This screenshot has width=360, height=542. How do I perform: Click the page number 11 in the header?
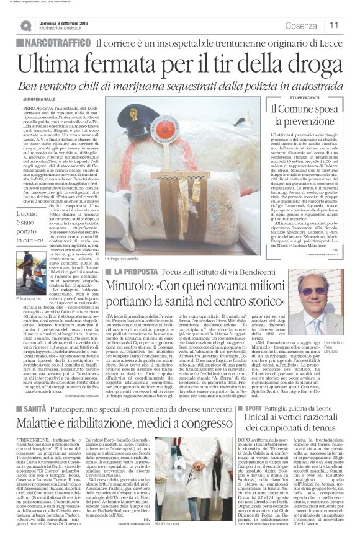pos(334,25)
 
